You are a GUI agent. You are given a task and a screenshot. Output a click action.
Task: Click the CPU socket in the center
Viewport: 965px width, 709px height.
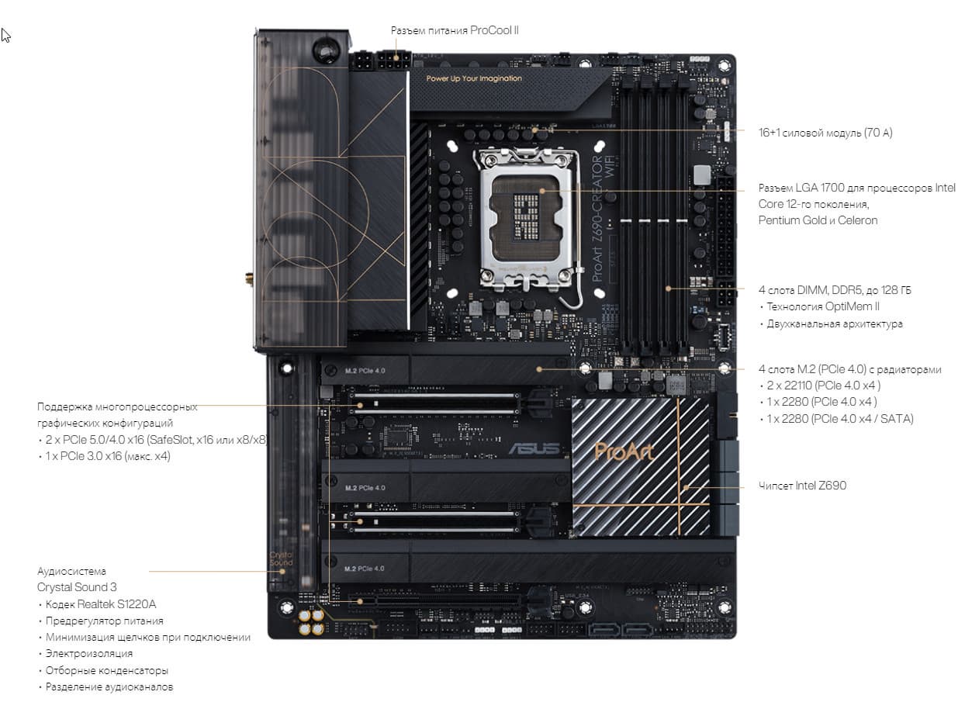tap(527, 220)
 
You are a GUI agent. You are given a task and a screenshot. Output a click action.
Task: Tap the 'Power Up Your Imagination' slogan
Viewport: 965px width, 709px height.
tap(474, 78)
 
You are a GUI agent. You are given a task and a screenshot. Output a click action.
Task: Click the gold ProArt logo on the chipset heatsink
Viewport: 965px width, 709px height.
tap(624, 451)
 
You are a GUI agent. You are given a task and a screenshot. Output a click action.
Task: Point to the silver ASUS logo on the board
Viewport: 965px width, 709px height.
tap(534, 449)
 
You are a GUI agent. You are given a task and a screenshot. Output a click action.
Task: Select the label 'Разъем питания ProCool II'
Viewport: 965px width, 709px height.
tap(455, 30)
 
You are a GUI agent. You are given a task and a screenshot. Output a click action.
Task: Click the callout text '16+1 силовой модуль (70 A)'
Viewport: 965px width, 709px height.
tap(825, 133)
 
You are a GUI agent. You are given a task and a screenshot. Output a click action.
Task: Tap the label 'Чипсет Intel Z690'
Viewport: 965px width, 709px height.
tap(802, 486)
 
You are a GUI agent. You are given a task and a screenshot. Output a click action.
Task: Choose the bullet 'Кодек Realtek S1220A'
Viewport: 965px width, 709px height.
tap(101, 604)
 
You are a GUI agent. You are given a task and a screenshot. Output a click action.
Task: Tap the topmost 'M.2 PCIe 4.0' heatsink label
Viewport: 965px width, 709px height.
tap(365, 371)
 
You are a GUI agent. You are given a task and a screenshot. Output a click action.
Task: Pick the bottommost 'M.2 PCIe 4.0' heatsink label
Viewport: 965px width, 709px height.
tap(365, 569)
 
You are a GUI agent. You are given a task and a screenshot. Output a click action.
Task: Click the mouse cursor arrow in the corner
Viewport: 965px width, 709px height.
tap(5, 36)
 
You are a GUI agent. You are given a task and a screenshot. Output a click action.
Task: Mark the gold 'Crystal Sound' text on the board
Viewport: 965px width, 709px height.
tap(281, 559)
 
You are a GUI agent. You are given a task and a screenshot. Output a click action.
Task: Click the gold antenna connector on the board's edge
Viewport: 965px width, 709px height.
tap(249, 279)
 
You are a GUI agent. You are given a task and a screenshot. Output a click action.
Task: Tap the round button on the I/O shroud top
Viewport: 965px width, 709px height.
tap(326, 50)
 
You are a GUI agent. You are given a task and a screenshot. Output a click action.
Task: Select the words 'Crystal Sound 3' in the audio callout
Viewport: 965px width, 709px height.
tap(77, 587)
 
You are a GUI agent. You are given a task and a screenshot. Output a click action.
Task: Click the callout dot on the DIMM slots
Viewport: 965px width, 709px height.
tap(668, 289)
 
